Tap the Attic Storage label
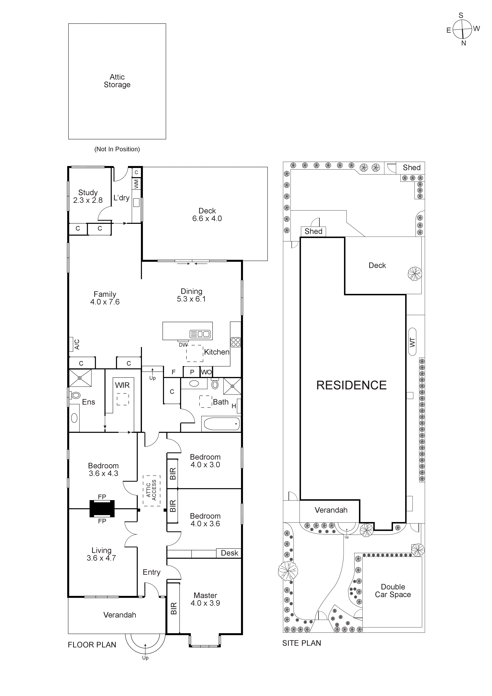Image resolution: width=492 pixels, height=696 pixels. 117,81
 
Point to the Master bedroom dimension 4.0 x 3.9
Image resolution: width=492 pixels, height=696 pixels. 205,603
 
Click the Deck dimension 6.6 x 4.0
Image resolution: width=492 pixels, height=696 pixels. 207,219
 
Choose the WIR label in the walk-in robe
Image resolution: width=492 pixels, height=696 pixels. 122,385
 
